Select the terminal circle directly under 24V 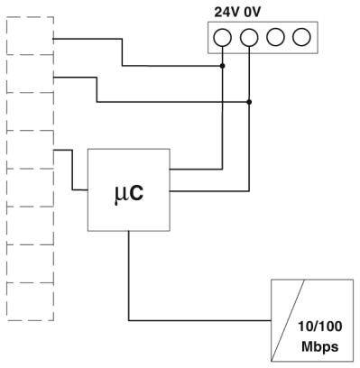coord(223,37)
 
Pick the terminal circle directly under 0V coord(249,37)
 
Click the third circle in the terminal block coord(275,37)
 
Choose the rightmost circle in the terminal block coord(301,37)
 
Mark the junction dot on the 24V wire coord(223,66)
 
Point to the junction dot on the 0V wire coord(249,102)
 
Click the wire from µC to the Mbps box coord(131,280)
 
